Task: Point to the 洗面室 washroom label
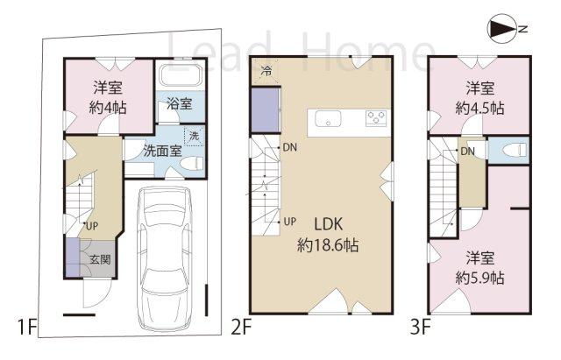162,150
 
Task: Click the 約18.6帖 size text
323,244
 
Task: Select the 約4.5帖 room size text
479,108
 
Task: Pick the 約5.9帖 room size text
479,277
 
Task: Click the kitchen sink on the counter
329,120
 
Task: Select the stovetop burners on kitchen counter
377,120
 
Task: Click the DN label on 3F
469,152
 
